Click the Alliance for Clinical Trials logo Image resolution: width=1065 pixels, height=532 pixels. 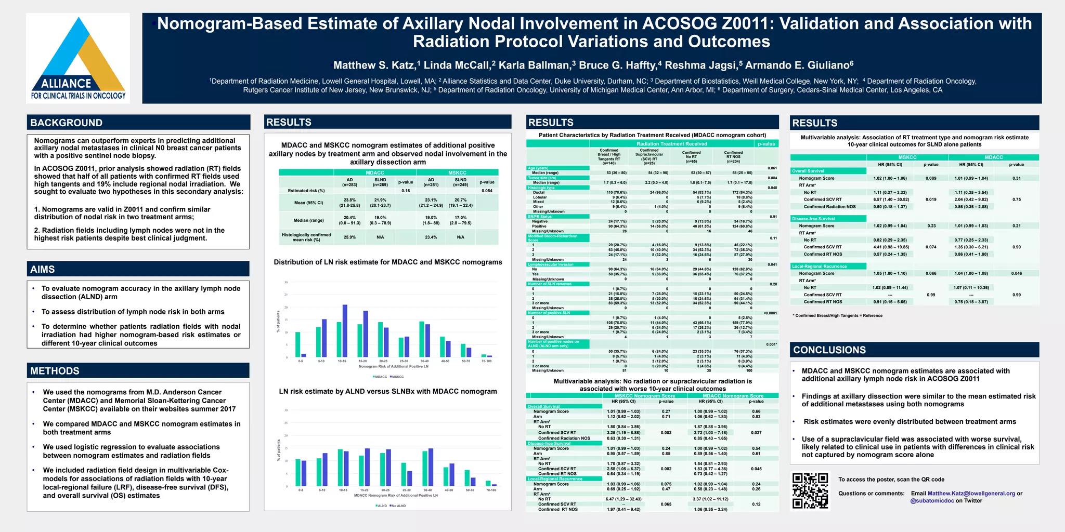78,58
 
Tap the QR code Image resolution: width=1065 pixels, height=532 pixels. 810,490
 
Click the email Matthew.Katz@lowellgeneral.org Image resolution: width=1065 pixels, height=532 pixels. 971,494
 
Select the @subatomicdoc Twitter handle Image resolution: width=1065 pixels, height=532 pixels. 932,501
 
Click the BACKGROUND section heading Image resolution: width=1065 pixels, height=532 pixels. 67,123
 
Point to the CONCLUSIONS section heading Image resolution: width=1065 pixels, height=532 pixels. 829,350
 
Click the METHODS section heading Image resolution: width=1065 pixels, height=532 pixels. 55,371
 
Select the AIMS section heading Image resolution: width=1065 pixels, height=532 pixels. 43,269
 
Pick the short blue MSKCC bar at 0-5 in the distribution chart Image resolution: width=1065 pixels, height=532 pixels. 304,355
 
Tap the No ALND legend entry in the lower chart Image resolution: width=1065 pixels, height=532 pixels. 398,506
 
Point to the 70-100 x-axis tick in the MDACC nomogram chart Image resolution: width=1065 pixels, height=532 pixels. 491,490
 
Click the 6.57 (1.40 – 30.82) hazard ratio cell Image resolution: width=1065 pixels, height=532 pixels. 891,199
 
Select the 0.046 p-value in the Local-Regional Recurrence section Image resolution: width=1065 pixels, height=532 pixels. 1016,273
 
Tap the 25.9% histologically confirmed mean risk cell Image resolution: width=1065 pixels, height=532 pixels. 349,237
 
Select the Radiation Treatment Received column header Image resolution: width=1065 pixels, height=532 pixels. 671,144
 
